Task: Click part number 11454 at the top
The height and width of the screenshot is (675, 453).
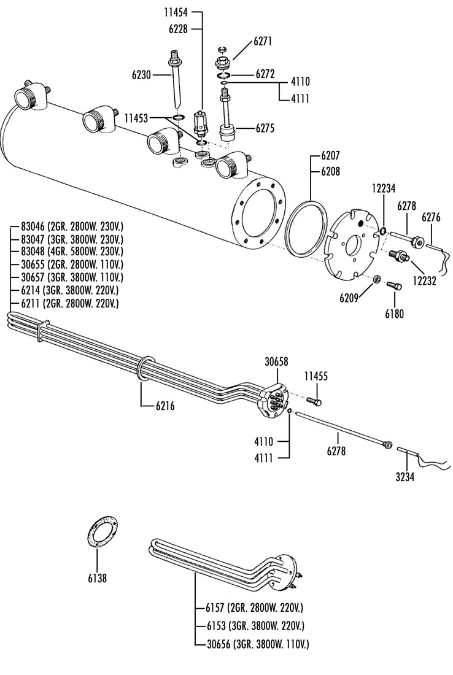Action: tap(176, 12)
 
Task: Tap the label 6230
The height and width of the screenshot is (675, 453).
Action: tap(141, 75)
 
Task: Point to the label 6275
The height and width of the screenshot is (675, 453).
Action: tap(265, 128)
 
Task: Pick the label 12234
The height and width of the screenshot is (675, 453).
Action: tap(384, 188)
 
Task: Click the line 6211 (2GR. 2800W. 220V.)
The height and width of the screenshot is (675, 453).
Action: tap(69, 304)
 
